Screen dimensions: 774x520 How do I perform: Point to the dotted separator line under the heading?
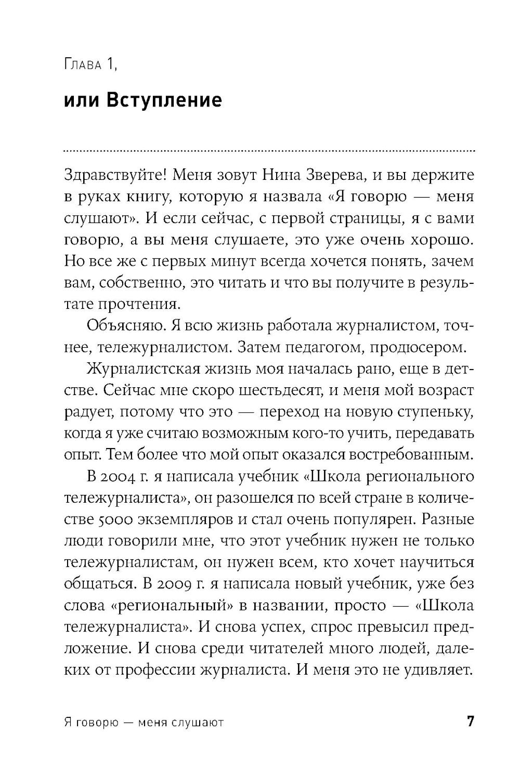tap(268, 151)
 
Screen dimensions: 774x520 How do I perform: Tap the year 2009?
tap(172, 584)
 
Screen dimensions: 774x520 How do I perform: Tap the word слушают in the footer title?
tap(195, 723)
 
